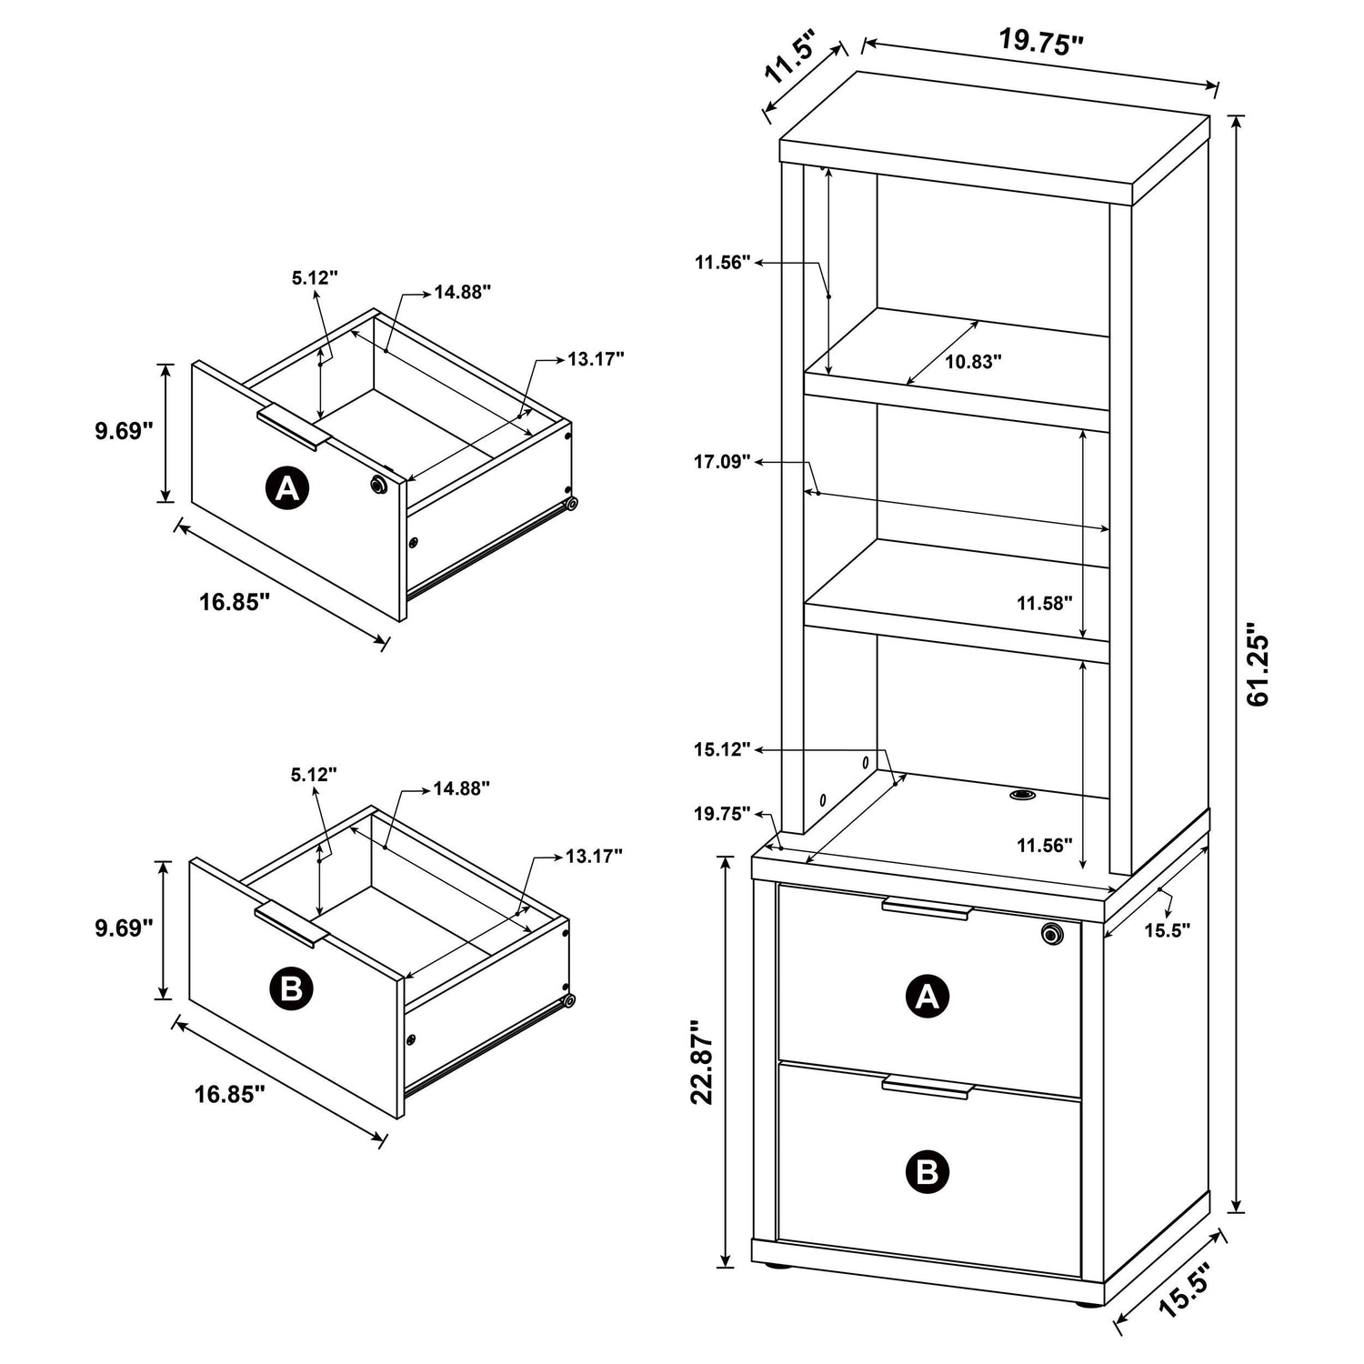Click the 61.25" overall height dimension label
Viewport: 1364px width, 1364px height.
[1259, 665]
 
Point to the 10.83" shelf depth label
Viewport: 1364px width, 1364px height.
[973, 361]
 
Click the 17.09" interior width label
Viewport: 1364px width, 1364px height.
[723, 462]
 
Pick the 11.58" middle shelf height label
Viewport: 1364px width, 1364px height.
[1045, 602]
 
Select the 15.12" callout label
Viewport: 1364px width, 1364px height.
[723, 749]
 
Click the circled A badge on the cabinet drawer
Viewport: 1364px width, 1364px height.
[928, 998]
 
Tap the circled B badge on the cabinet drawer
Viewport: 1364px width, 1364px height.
[928, 1171]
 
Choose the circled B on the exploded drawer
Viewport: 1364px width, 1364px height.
[291, 988]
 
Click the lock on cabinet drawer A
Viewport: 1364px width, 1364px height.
[1052, 934]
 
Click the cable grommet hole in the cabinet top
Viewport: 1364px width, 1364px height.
[1022, 796]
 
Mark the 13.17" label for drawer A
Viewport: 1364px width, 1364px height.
[596, 358]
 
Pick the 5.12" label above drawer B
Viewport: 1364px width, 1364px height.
[314, 775]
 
